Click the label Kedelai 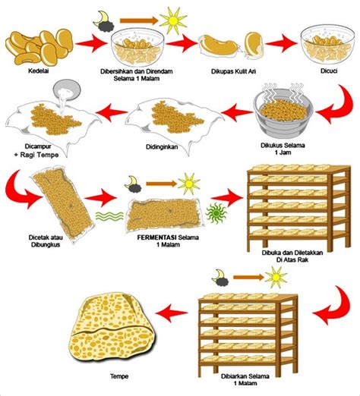click(x=38, y=71)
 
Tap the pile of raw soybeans click(x=39, y=47)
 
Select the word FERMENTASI click(x=156, y=237)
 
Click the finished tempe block click(x=112, y=328)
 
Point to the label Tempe click(x=119, y=376)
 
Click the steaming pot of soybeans click(x=283, y=112)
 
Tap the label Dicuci click(x=329, y=71)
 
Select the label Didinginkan click(x=162, y=147)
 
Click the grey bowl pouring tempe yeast click(x=67, y=90)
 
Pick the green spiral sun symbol click(x=216, y=213)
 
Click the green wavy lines click(x=109, y=216)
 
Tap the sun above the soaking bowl click(x=173, y=20)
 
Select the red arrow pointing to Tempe click(x=172, y=313)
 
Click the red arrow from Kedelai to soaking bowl click(x=91, y=43)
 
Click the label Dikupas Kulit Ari click(x=233, y=71)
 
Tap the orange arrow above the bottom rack click(x=248, y=278)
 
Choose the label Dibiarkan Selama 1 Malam click(x=245, y=379)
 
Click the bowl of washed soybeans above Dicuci click(x=327, y=45)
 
